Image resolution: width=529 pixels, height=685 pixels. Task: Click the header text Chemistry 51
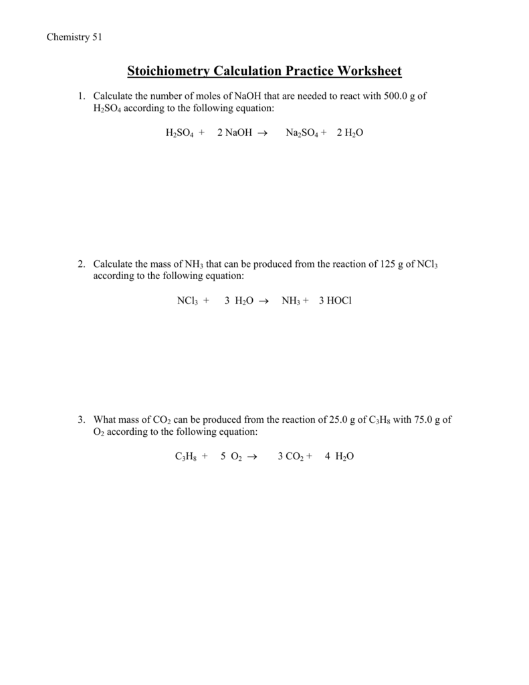coord(74,37)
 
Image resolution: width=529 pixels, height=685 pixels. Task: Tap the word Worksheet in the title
coord(369,71)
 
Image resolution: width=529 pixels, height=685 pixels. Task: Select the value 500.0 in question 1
coord(395,96)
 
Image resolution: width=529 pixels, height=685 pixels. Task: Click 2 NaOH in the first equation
coord(235,134)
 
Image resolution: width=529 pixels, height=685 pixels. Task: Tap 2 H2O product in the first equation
coord(350,134)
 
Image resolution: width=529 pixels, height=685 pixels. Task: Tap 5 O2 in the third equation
coord(231,457)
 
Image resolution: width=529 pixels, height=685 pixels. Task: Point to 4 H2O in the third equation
coord(339,457)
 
